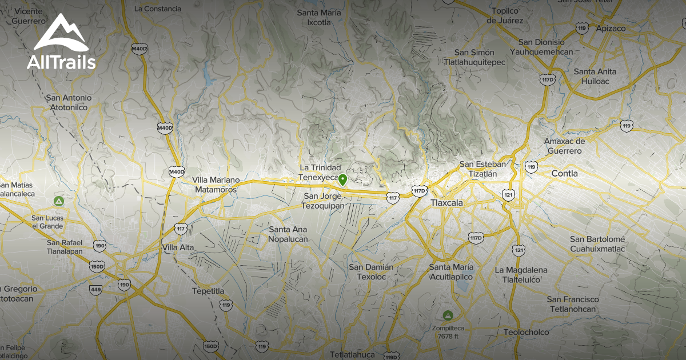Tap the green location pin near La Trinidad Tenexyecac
click(342, 180)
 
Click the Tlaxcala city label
click(446, 203)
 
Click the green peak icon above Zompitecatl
click(448, 315)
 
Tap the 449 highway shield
click(96, 290)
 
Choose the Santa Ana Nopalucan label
click(288, 234)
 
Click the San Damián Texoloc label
click(371, 272)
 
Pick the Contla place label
click(564, 173)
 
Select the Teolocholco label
click(526, 332)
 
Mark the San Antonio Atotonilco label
click(69, 102)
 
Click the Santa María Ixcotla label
click(319, 18)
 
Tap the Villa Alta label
click(178, 247)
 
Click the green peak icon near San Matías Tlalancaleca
click(58, 201)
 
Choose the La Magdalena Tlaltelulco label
click(521, 275)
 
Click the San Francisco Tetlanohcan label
click(573, 304)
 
